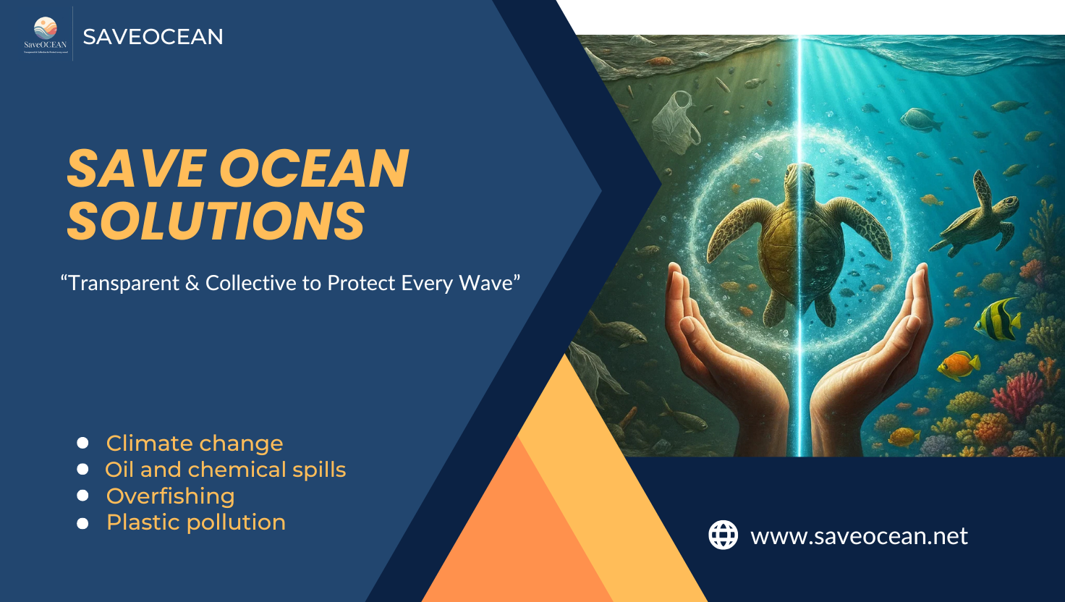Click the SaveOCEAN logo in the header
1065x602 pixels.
[x=45, y=33]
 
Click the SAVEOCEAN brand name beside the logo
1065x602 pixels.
[x=153, y=37]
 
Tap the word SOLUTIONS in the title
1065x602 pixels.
[x=216, y=221]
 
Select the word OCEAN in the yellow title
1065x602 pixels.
[x=313, y=169]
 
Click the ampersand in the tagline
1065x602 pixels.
[x=192, y=283]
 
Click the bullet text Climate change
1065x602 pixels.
[x=194, y=443]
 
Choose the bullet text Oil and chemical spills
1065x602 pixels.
[x=225, y=470]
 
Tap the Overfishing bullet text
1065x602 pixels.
[x=170, y=496]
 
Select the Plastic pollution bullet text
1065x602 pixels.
[x=195, y=522]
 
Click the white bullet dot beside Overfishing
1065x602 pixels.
[x=82, y=496]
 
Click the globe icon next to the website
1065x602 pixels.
[x=723, y=535]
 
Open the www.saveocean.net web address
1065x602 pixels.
[x=859, y=536]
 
